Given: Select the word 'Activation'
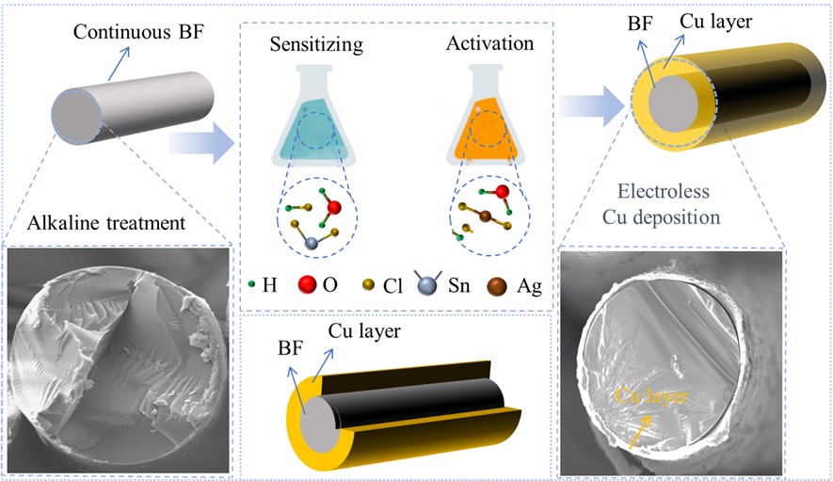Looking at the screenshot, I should pos(489,43).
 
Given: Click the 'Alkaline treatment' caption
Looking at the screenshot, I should pos(98,223).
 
